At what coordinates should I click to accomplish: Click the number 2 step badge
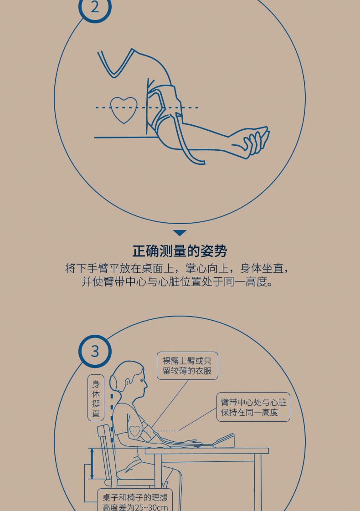95,7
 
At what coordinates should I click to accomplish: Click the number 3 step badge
95,351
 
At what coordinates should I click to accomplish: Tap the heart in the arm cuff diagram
123,109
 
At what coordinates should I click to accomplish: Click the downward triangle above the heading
180,233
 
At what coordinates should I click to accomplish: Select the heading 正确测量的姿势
180,251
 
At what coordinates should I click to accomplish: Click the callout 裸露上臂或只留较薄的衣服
187,366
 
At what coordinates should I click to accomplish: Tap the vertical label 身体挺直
96,398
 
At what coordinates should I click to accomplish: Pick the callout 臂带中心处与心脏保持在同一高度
253,407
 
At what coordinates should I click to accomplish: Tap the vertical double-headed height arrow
92,463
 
